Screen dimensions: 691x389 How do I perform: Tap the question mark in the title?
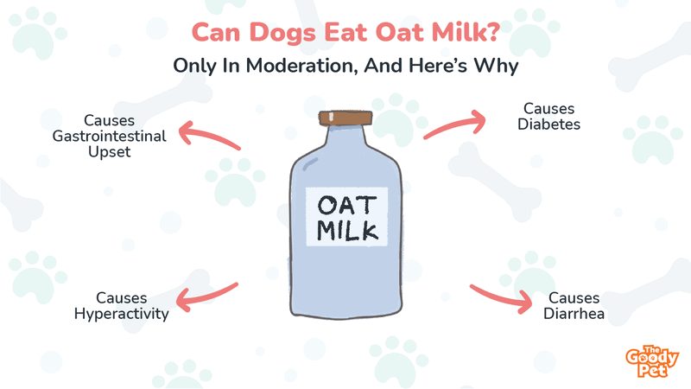coord(492,32)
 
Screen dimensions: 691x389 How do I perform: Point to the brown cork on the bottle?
coord(345,118)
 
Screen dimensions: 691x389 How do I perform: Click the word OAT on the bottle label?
coord(347,206)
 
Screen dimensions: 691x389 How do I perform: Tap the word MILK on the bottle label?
coord(347,231)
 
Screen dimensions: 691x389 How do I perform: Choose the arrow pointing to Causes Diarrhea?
coord(501,298)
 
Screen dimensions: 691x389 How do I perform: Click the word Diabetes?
coord(548,124)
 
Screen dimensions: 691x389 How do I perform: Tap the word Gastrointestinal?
coord(110,137)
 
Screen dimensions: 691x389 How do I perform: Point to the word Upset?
coord(110,152)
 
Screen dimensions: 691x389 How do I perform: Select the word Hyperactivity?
coord(121,314)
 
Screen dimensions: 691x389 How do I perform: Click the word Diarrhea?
coord(574,314)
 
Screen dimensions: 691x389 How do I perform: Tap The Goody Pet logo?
coord(652,361)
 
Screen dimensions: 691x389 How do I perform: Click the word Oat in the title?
coord(400,33)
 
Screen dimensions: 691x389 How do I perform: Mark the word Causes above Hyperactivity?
coord(121,298)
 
